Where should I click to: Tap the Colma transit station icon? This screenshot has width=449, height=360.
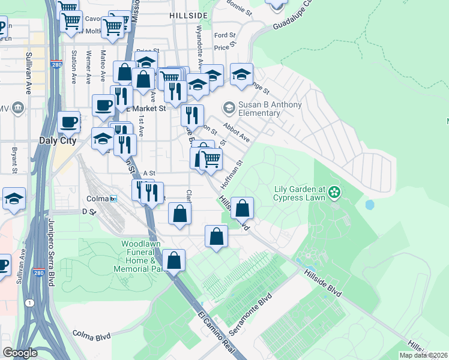[x=113, y=199]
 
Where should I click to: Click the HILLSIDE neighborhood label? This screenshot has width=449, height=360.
[x=188, y=14]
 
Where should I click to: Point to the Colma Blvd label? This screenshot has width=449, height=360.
[x=92, y=335]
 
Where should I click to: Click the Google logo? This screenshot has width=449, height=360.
[x=20, y=353]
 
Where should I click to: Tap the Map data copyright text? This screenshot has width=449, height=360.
[x=423, y=355]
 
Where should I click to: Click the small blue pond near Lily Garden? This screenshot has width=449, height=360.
[x=370, y=205]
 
